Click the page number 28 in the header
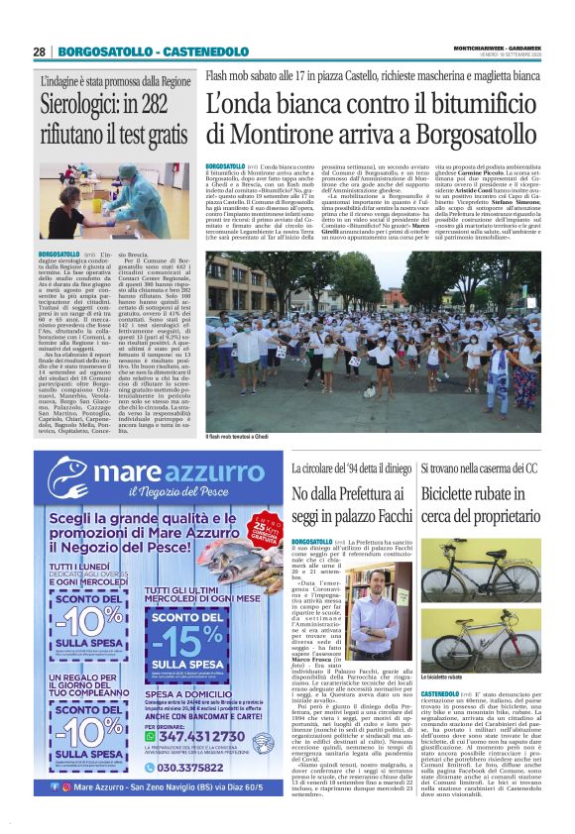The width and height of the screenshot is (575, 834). (x=39, y=52)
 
